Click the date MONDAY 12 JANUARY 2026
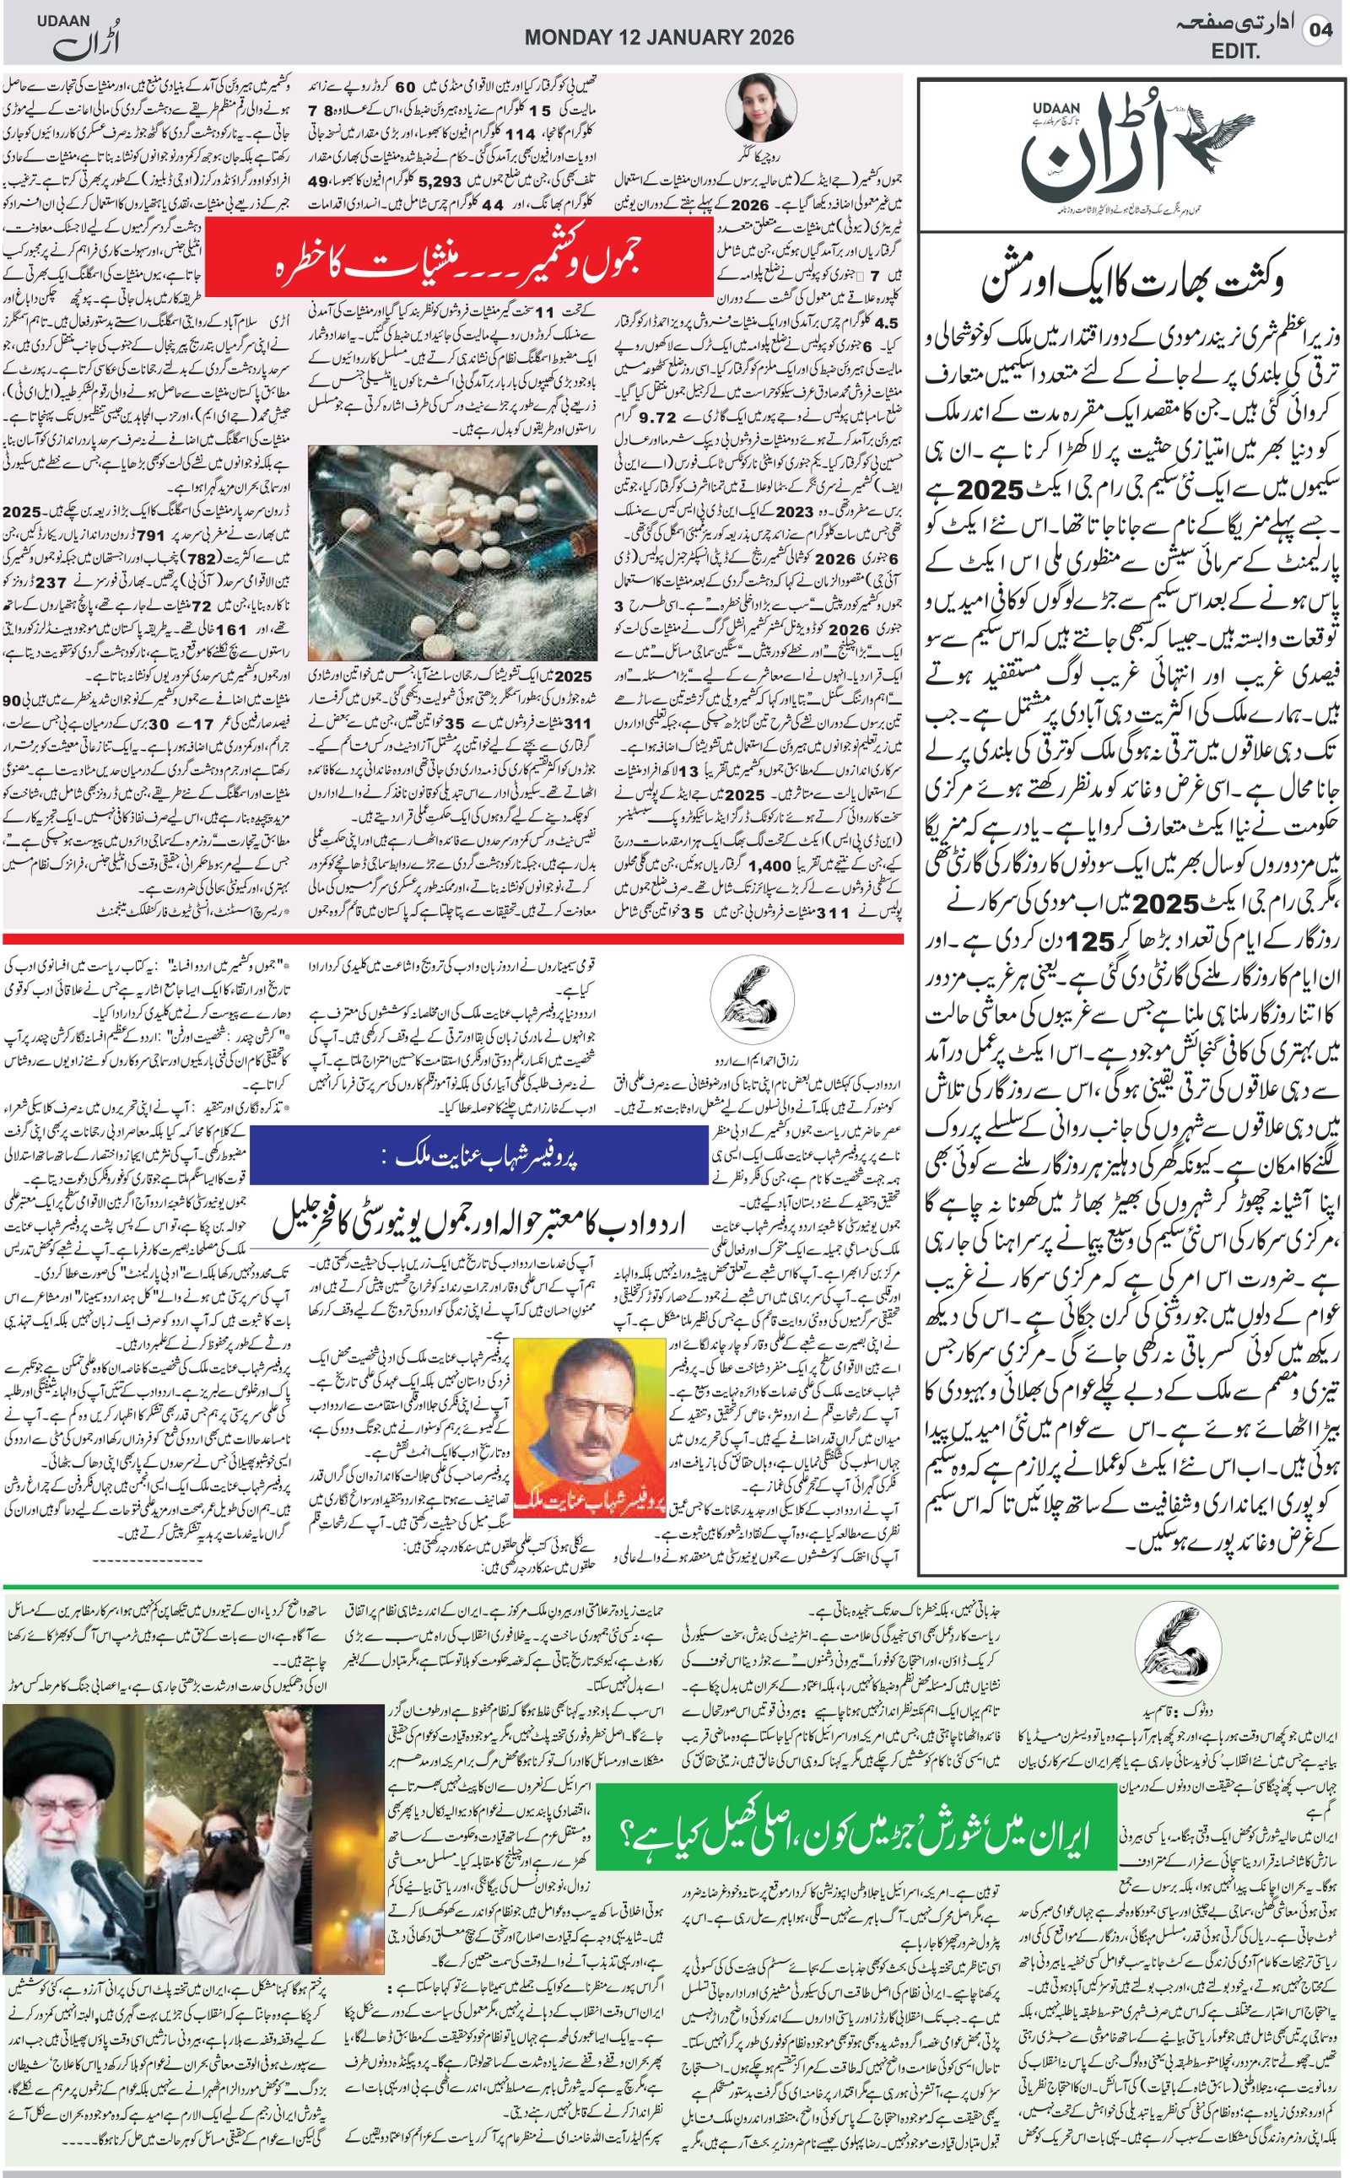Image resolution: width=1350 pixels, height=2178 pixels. tap(659, 37)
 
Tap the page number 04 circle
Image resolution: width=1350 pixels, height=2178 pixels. tap(1319, 30)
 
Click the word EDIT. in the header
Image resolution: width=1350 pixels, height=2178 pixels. tap(1236, 51)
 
